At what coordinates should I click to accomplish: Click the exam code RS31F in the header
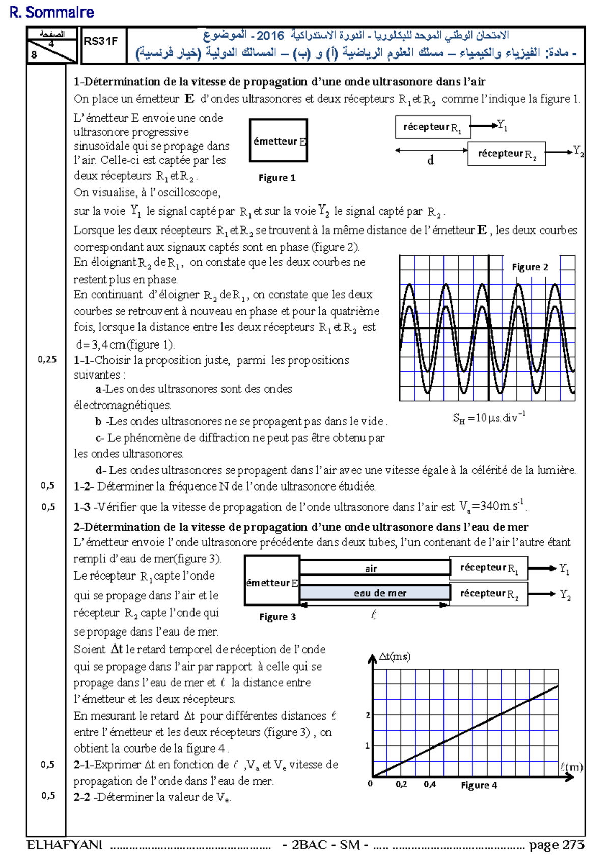pyautogui.click(x=100, y=42)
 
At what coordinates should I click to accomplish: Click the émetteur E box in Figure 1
pyautogui.click(x=279, y=141)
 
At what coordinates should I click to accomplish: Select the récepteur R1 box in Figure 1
pyautogui.click(x=433, y=127)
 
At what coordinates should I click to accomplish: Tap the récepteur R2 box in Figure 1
pyautogui.click(x=507, y=154)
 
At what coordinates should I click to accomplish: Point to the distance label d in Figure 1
pyautogui.click(x=430, y=161)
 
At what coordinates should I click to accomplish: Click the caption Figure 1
pyautogui.click(x=277, y=178)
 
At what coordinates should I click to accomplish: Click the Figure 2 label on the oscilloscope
pyautogui.click(x=530, y=267)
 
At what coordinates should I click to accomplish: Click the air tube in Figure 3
pyautogui.click(x=374, y=568)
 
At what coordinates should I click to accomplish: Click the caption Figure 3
pyautogui.click(x=277, y=617)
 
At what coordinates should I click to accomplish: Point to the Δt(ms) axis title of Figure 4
pyautogui.click(x=395, y=657)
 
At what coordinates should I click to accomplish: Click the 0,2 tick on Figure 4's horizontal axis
pyautogui.click(x=401, y=784)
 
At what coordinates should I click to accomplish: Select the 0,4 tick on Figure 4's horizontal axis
pyautogui.click(x=430, y=784)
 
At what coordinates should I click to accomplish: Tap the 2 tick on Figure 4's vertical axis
pyautogui.click(x=368, y=715)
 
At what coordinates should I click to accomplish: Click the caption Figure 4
pyautogui.click(x=479, y=785)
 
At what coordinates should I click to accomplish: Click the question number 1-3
pyautogui.click(x=82, y=507)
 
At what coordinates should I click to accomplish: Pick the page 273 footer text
pyautogui.click(x=556, y=845)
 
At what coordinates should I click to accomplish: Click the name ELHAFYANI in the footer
pyautogui.click(x=65, y=845)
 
